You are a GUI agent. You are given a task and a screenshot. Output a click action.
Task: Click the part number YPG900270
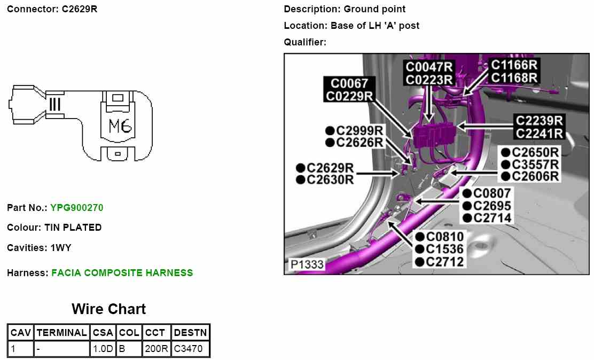coord(76,207)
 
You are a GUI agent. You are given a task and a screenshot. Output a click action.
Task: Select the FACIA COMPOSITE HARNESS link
coord(122,273)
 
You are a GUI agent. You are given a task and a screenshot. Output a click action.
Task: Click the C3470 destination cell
coord(190,349)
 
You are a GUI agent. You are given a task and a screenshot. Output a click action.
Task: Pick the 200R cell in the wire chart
coord(157,349)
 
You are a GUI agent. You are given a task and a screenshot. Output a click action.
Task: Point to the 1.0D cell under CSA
coord(103,349)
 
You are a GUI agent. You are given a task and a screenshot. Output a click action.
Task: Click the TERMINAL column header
coord(62,332)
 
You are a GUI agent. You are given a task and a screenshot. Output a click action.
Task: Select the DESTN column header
coord(190,332)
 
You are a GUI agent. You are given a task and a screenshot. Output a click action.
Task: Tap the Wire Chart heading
coord(108,309)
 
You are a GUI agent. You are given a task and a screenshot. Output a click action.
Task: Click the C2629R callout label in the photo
coord(330,168)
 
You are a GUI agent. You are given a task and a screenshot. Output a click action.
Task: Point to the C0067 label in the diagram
coord(349,84)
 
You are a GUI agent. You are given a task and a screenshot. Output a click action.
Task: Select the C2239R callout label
coord(539,120)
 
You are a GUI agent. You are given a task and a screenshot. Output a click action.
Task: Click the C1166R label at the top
coord(514,65)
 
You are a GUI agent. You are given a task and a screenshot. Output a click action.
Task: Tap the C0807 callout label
coord(492,193)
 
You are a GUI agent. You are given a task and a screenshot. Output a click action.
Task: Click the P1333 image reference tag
coord(307,264)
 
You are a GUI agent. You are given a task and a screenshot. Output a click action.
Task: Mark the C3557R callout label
coord(535,164)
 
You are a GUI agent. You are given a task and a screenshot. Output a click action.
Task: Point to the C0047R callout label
coord(429,67)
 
